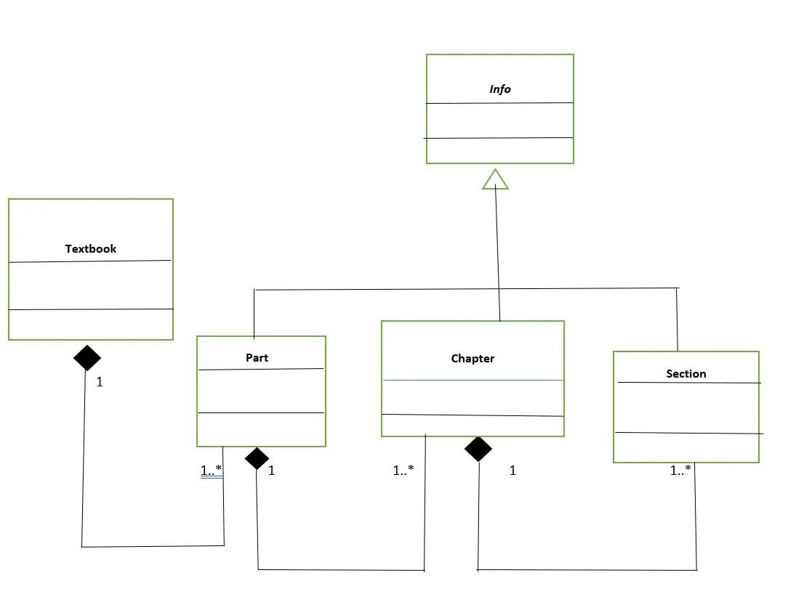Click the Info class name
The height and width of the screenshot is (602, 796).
click(500, 89)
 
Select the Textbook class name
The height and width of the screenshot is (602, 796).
click(91, 248)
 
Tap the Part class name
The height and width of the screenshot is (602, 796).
click(257, 357)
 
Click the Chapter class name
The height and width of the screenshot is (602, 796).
click(473, 359)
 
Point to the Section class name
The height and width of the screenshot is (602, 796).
click(686, 374)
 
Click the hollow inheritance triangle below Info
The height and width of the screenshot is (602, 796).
click(496, 179)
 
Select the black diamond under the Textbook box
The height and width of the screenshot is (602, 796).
click(87, 357)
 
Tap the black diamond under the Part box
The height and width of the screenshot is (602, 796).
click(257, 458)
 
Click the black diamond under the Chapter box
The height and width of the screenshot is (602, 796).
click(478, 449)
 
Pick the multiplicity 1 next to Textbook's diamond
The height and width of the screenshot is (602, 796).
click(100, 382)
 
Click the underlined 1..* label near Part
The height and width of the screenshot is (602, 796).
click(211, 471)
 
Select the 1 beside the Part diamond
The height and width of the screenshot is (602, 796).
click(271, 471)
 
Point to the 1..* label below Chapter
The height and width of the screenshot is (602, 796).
click(403, 471)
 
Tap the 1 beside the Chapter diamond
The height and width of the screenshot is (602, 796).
click(512, 471)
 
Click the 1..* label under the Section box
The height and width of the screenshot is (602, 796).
click(680, 471)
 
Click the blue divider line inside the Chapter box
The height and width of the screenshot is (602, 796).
click(473, 380)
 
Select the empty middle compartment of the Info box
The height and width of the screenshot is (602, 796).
click(500, 121)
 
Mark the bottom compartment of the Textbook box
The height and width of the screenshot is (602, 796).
click(91, 324)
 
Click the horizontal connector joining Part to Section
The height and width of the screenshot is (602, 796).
click(378, 289)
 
